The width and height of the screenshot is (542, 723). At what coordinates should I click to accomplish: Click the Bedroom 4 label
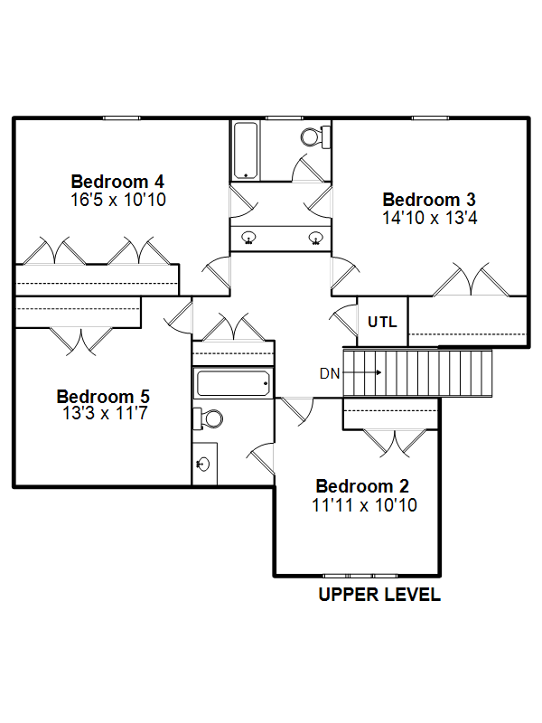117,182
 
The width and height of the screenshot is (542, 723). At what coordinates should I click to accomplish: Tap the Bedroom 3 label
429,200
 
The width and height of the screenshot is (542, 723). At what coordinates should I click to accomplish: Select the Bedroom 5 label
103,397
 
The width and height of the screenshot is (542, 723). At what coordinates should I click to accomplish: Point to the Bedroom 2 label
362,486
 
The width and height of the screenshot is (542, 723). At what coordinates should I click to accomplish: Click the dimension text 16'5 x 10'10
118,200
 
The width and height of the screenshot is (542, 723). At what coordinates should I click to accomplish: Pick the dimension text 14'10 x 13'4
430,218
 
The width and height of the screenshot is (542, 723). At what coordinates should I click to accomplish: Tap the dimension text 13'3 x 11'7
105,413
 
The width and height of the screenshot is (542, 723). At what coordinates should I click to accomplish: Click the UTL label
382,322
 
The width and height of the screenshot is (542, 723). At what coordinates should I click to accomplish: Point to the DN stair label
330,373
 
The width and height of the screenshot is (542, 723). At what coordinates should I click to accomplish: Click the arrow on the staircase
362,372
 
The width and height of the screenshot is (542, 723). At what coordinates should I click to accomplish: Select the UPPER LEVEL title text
379,595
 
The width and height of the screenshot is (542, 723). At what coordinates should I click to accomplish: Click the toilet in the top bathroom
315,137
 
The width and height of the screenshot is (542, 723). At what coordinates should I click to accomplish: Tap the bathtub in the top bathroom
245,150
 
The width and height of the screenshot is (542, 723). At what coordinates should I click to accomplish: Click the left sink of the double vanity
249,238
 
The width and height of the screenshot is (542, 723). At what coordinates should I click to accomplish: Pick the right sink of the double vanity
315,238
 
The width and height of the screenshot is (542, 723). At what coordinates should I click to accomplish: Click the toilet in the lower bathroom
208,419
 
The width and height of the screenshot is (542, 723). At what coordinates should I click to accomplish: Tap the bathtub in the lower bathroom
233,384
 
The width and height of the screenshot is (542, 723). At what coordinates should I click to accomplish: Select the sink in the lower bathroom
203,464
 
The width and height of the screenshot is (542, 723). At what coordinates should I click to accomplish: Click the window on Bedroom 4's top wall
121,118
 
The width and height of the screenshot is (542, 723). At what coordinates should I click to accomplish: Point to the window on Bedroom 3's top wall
430,118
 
